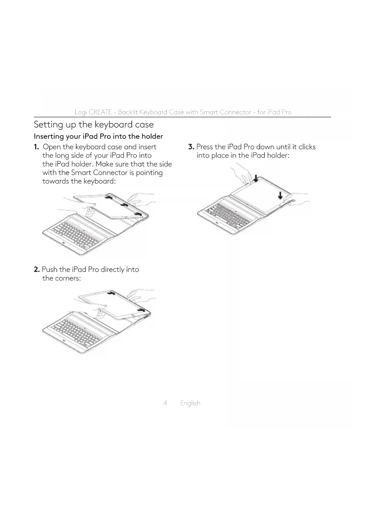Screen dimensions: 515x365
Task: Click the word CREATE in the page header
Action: [100, 112]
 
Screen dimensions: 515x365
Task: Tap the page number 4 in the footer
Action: [165, 403]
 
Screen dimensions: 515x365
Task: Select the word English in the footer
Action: [190, 403]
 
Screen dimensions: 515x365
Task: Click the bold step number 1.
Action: [36, 147]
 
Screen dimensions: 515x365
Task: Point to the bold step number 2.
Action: [36, 270]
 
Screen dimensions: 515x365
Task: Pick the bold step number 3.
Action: [191, 147]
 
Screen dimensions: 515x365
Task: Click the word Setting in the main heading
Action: [47, 125]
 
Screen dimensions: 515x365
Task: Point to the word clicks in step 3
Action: [307, 147]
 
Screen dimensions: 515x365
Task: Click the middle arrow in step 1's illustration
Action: [124, 205]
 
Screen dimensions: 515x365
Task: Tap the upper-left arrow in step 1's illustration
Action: [109, 198]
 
